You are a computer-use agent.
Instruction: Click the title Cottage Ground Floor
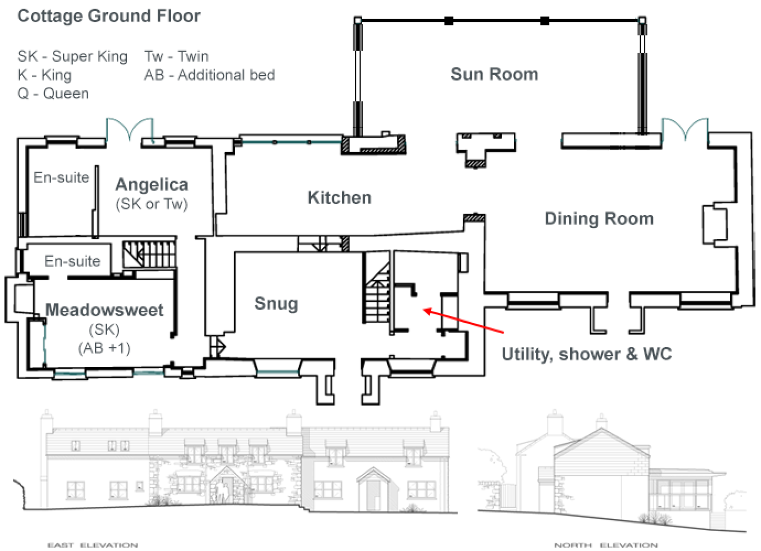click(x=109, y=16)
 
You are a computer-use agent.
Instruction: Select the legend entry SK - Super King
click(x=72, y=56)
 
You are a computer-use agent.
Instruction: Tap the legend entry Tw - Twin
click(x=176, y=56)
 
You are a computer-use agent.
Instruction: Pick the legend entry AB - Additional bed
click(x=209, y=75)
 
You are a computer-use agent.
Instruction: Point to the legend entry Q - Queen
click(x=53, y=94)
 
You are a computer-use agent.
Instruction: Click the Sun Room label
click(x=494, y=75)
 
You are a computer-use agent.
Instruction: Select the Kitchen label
click(x=339, y=198)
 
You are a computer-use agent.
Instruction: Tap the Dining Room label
click(x=599, y=219)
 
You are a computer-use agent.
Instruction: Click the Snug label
click(x=276, y=304)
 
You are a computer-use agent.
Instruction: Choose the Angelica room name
click(x=152, y=185)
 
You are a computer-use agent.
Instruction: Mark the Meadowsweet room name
click(x=105, y=310)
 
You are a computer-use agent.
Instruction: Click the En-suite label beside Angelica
click(x=61, y=177)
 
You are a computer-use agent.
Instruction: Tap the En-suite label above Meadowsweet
click(x=72, y=261)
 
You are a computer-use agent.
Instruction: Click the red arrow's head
click(x=427, y=310)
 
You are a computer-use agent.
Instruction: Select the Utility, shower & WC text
click(x=586, y=354)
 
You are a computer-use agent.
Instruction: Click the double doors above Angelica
click(x=130, y=130)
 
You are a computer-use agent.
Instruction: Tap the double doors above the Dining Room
click(x=685, y=129)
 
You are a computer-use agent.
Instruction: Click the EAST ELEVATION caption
click(x=92, y=545)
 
